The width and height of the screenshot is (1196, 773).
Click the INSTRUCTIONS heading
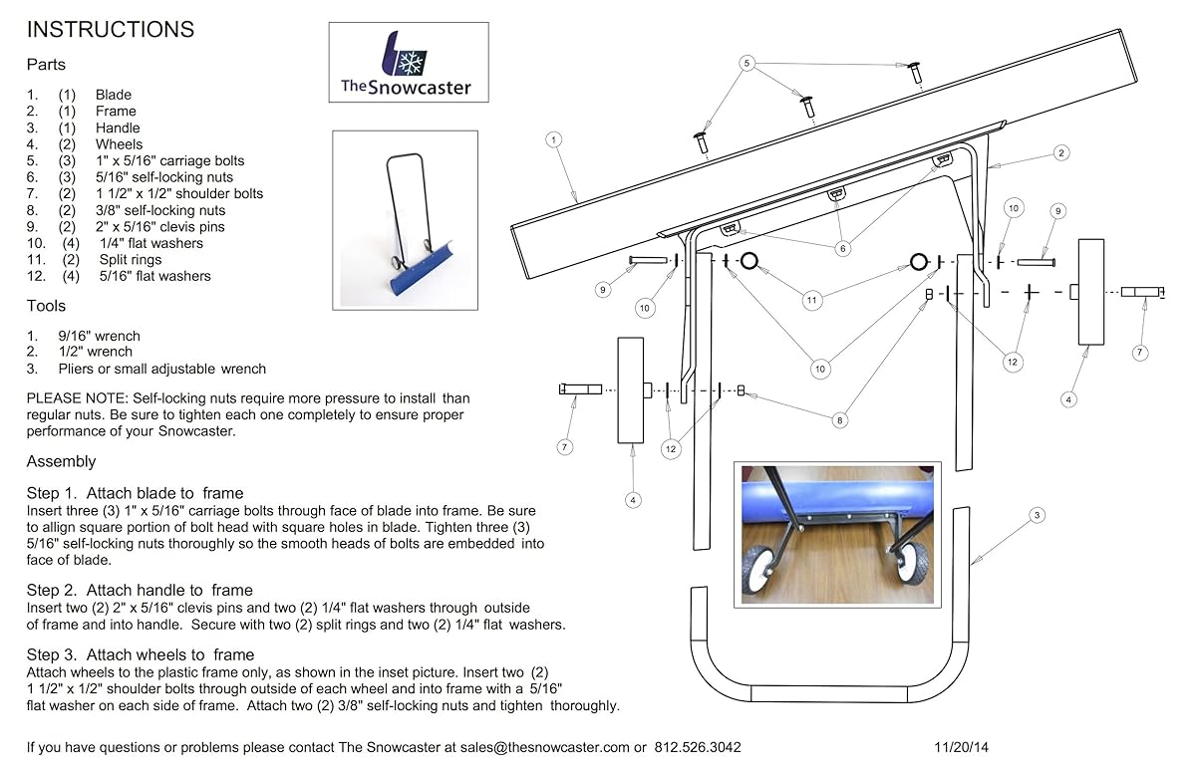click(x=111, y=29)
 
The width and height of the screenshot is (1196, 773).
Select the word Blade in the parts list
click(x=114, y=95)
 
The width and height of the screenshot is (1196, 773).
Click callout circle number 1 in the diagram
click(x=554, y=139)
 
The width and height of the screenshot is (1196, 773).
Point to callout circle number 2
click(x=1061, y=153)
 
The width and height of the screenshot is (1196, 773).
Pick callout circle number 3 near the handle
click(x=1037, y=515)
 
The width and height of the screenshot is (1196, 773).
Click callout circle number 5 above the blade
click(x=747, y=63)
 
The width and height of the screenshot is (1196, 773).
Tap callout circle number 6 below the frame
click(x=843, y=248)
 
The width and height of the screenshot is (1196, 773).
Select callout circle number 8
click(x=840, y=420)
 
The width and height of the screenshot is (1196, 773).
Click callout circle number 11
click(x=811, y=300)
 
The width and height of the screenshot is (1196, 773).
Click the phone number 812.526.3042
click(x=698, y=747)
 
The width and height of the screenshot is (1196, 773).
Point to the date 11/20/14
click(x=961, y=747)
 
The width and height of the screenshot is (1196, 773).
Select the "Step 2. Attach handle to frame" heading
click(x=140, y=590)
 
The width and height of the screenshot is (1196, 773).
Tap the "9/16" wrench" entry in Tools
click(x=100, y=336)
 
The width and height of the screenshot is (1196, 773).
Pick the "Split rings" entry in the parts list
click(x=131, y=260)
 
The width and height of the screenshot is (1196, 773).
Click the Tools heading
click(x=46, y=306)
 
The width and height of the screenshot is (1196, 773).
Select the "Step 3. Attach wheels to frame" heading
click(x=141, y=654)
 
